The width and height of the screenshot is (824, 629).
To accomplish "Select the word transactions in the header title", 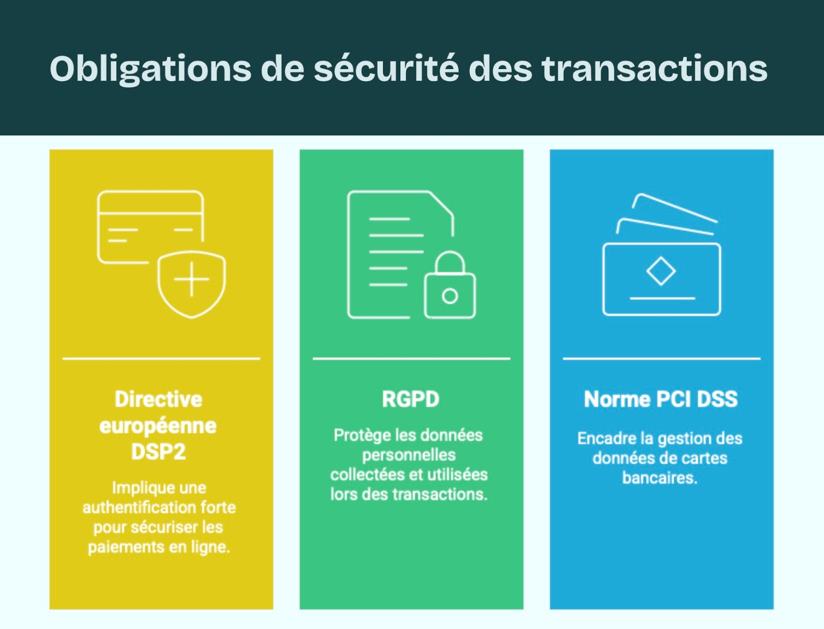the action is (x=655, y=69).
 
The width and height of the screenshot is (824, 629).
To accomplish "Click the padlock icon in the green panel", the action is (x=450, y=288).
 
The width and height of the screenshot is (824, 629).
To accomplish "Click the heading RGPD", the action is (x=410, y=399).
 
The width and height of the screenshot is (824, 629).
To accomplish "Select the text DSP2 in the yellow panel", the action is (x=158, y=452).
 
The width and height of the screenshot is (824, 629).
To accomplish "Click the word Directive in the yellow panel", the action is (x=159, y=399).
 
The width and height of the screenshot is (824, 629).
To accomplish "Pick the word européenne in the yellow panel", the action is (x=158, y=426).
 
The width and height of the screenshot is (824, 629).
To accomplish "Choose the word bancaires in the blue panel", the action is (x=660, y=478).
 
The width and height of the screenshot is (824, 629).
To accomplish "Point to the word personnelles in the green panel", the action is (x=409, y=455).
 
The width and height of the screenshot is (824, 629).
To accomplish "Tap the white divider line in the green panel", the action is (x=411, y=358).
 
